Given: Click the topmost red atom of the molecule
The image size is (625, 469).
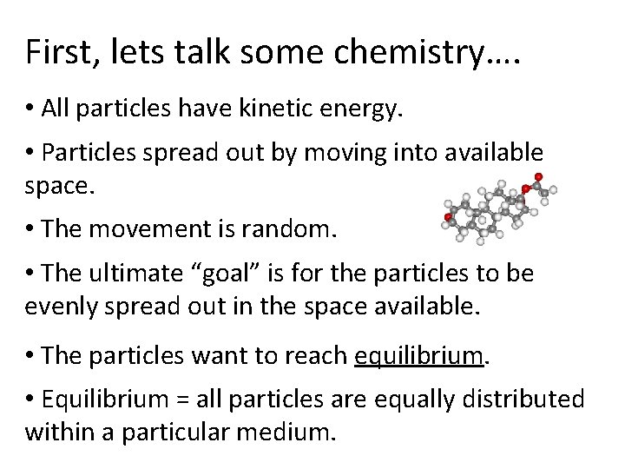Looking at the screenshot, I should [539, 177].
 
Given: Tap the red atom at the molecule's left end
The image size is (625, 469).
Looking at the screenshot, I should [448, 216].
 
